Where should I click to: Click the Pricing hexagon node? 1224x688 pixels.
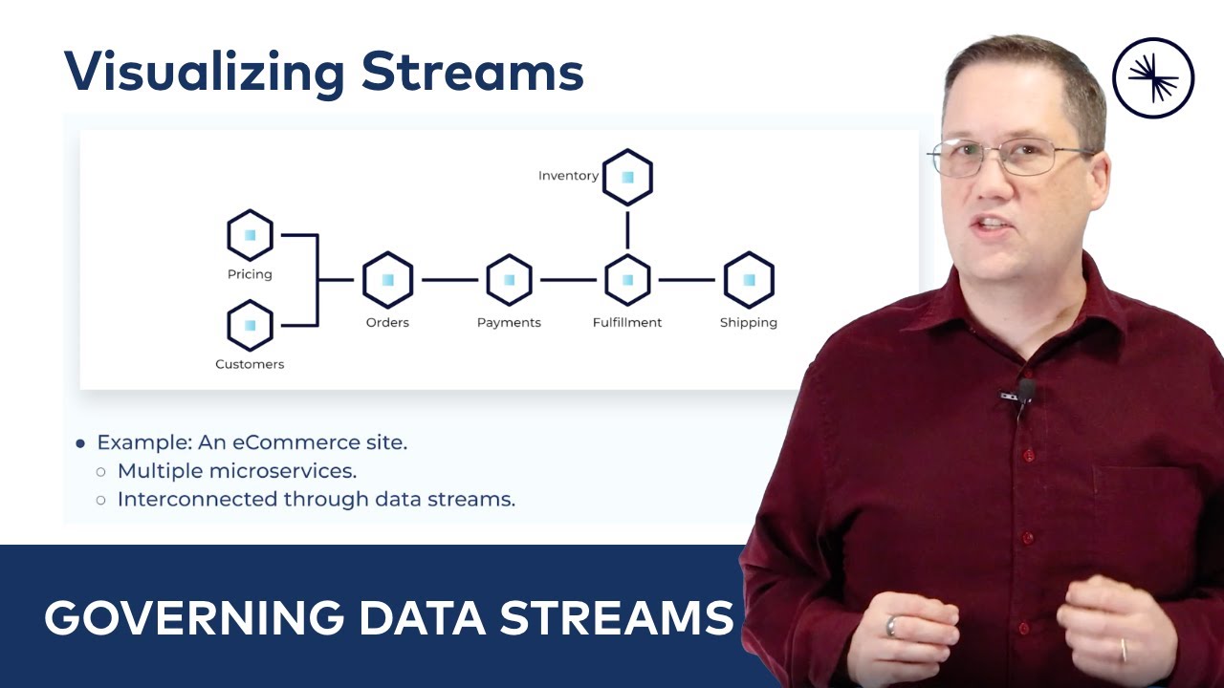point(250,235)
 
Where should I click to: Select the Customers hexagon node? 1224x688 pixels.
point(250,325)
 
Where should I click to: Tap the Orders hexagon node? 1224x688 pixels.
point(387,280)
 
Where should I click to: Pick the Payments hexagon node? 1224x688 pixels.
point(509,280)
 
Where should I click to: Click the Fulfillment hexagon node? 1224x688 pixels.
point(627,280)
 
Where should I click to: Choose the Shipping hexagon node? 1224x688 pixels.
point(748,280)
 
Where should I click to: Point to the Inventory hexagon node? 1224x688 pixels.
point(627,177)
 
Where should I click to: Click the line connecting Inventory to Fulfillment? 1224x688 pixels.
point(627,229)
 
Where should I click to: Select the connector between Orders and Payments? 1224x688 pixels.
point(448,280)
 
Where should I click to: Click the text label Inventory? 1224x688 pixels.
point(568,176)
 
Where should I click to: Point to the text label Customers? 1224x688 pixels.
point(250,364)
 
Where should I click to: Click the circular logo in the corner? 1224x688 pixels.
point(1153,78)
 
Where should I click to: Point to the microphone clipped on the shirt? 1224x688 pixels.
point(1024,391)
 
